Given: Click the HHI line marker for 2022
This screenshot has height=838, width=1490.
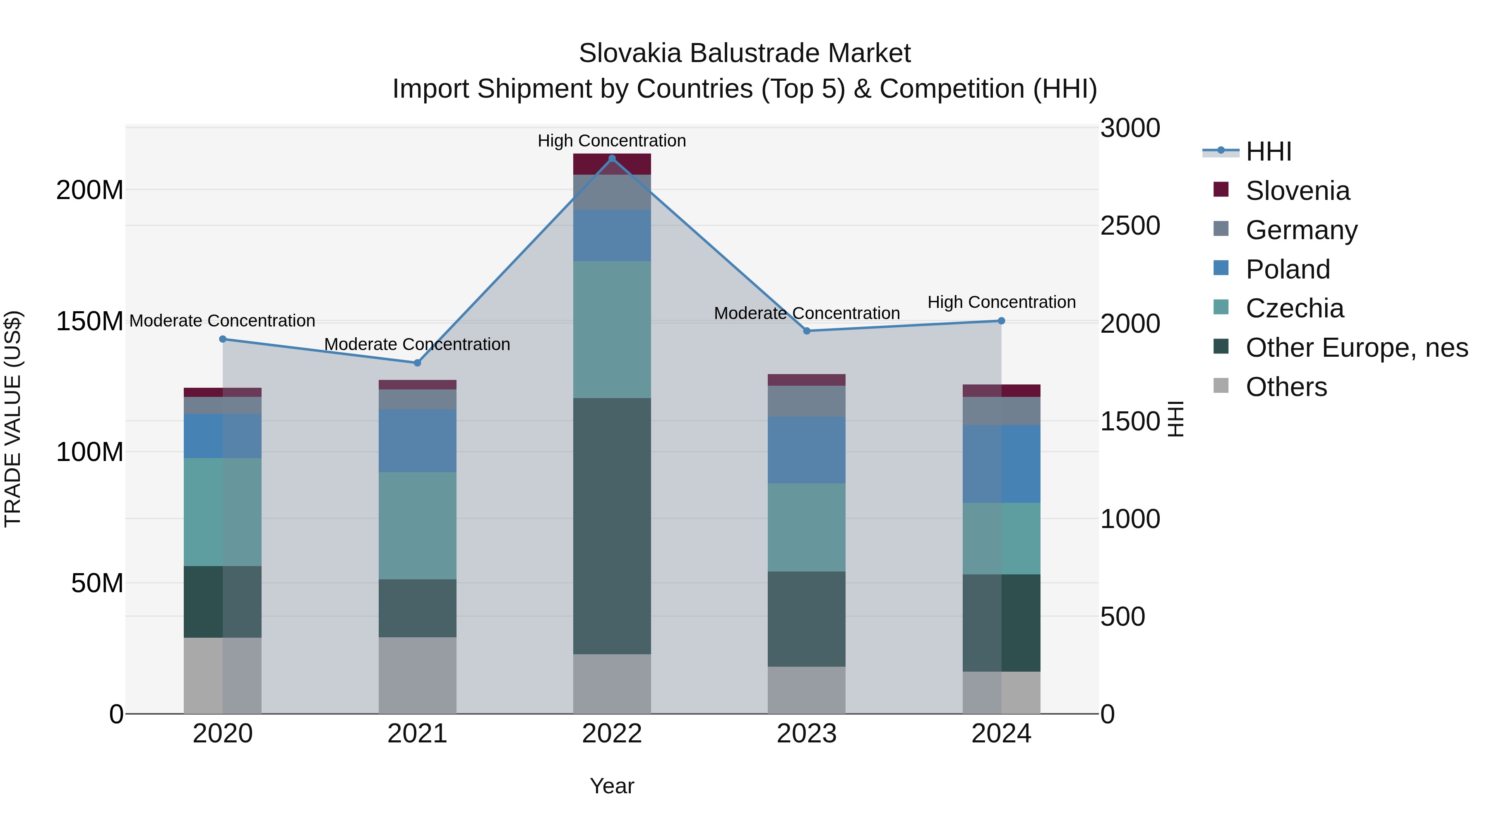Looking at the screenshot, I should [612, 158].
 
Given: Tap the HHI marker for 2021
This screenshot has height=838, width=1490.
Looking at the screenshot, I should [417, 363].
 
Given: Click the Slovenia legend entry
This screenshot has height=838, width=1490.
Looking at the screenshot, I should [1298, 190].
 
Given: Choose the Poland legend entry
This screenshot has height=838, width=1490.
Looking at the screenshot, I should [1288, 269].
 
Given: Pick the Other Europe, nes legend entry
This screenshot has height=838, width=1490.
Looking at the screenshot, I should [1356, 348].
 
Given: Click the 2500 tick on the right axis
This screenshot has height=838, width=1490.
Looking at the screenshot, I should [1130, 226].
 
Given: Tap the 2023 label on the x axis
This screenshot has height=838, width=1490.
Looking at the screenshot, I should [806, 734].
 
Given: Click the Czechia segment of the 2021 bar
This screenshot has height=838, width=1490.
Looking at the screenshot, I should [417, 525].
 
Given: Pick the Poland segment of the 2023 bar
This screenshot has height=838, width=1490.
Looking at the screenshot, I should [806, 449].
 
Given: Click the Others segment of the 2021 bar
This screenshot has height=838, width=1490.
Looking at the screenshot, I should [417, 675].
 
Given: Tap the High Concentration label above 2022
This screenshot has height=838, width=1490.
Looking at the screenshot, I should [612, 141].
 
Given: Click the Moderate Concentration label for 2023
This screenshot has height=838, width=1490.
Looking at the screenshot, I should [806, 313].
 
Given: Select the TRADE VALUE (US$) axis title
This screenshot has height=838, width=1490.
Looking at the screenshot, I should [13, 419].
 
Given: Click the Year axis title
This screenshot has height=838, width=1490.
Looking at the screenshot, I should [612, 786].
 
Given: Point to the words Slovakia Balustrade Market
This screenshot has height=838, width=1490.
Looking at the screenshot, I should [745, 53].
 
